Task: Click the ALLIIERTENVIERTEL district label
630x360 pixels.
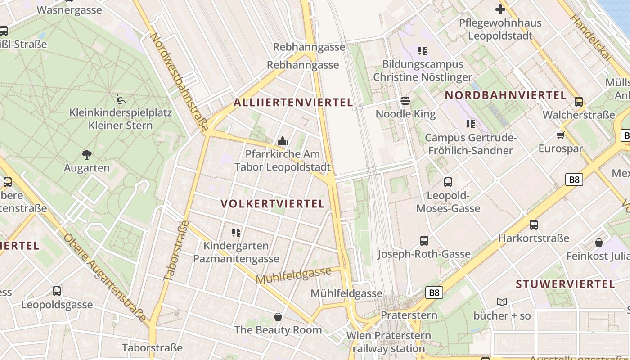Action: point(293,103)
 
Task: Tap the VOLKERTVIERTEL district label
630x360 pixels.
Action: point(273,204)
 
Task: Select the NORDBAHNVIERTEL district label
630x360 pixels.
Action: point(505,95)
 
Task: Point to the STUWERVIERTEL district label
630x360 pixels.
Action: point(565,284)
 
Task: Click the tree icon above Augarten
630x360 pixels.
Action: point(87,155)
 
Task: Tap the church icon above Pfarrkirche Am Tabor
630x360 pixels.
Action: point(283,141)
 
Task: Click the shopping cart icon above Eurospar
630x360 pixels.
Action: point(560,135)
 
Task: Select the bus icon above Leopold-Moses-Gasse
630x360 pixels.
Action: point(448,182)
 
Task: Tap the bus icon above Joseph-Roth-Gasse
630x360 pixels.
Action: point(424,240)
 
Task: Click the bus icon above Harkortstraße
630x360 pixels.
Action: point(534,225)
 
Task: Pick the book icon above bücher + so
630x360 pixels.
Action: point(502,302)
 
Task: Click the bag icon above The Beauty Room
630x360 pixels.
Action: point(278,316)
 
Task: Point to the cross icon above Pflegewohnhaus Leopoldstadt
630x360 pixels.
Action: point(500,9)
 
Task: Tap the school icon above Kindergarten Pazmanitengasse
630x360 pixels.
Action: point(236,233)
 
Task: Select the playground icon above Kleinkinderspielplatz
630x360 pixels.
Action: point(120,99)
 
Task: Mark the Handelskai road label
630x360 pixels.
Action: point(591,37)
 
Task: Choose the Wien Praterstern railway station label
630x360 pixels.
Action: point(389,342)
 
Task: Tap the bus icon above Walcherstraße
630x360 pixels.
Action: point(579,101)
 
